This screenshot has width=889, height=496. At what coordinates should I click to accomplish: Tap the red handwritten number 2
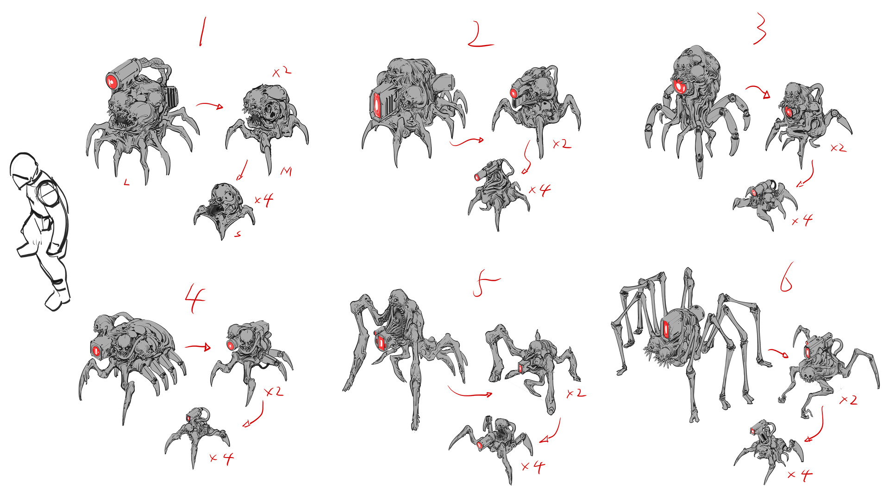[480, 35]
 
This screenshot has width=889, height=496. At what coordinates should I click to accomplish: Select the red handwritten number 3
[760, 29]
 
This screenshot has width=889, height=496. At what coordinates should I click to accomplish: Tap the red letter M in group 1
[286, 172]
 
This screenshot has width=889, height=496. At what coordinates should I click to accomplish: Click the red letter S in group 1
[238, 235]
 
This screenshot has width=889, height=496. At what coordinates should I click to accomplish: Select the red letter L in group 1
[126, 183]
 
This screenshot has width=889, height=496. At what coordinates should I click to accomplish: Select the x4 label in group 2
[539, 190]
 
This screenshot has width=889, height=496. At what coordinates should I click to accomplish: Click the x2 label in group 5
[576, 394]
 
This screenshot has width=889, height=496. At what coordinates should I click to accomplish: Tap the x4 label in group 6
[800, 474]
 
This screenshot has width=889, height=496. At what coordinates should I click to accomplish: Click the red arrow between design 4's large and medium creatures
[198, 347]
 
